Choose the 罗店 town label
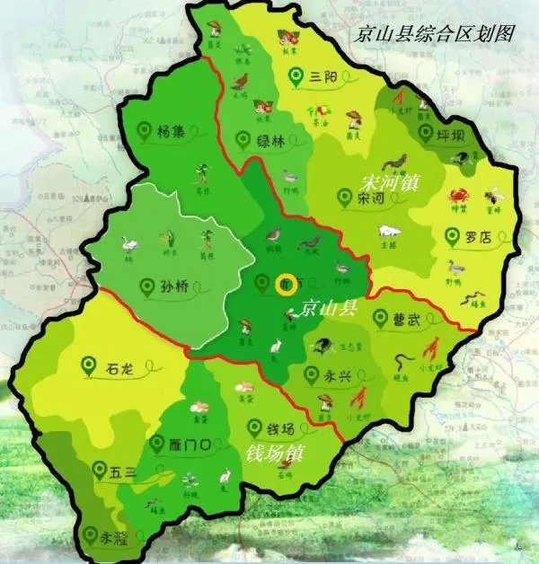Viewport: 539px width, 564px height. (480, 237)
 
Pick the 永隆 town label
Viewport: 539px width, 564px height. (115, 538)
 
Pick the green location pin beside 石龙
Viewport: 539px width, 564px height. (88, 365)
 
